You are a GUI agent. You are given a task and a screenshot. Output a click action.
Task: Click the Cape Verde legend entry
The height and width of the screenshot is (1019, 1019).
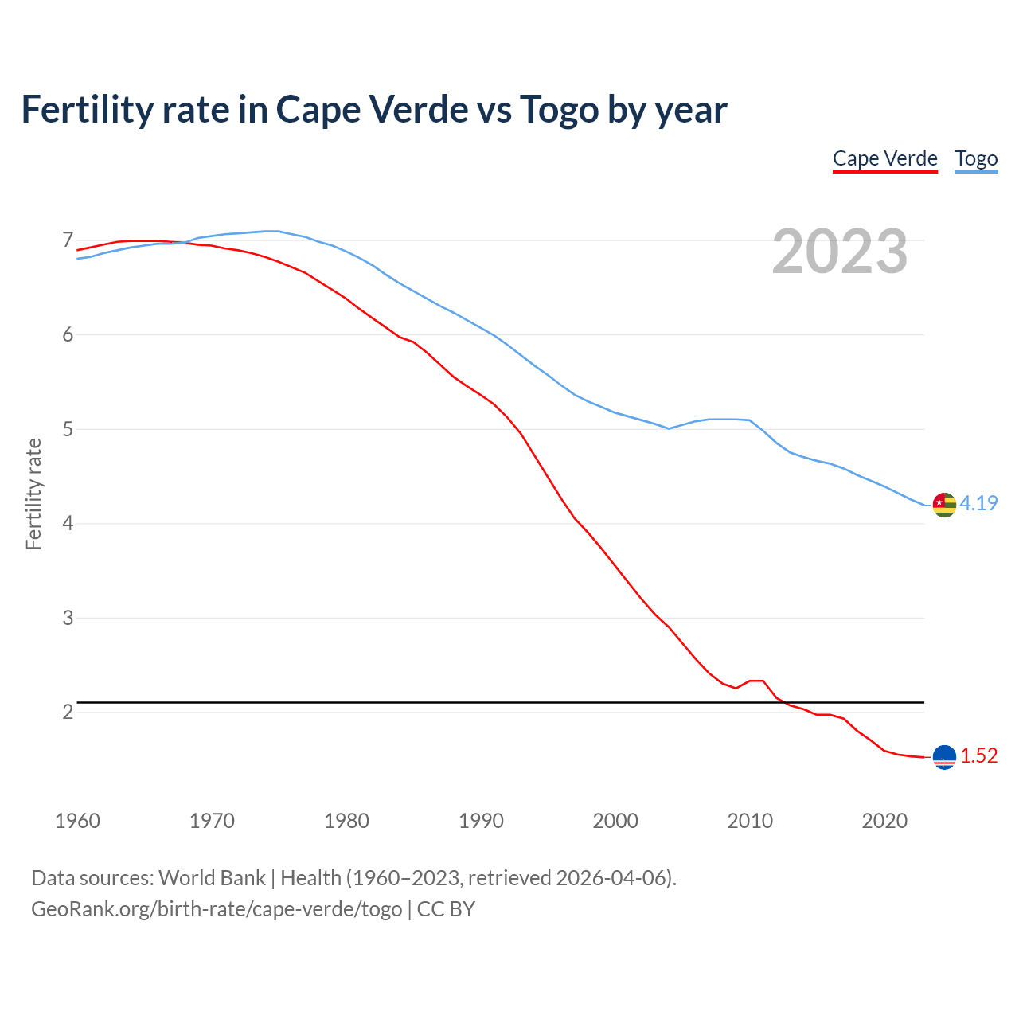884,158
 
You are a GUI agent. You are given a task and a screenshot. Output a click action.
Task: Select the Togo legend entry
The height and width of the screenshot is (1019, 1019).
976,158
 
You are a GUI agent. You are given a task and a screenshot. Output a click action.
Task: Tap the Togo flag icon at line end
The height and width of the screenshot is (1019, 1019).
944,505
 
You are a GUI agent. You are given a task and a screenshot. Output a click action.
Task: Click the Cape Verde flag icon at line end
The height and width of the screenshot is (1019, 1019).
944,757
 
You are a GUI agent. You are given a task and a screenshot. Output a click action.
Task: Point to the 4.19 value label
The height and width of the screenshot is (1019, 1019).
978,503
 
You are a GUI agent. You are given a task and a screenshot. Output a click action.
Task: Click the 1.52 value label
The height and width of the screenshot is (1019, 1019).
978,755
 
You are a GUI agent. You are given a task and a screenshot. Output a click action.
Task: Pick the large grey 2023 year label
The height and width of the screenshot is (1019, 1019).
840,252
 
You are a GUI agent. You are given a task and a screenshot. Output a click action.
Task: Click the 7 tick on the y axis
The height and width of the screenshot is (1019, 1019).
68,240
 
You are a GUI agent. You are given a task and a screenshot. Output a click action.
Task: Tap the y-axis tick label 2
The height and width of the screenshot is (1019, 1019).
68,712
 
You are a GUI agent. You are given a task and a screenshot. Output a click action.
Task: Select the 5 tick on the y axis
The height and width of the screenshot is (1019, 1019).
68,429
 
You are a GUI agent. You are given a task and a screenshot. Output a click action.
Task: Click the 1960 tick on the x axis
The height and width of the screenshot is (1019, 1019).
77,821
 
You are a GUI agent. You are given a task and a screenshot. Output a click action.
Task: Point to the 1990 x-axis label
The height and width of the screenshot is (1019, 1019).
481,821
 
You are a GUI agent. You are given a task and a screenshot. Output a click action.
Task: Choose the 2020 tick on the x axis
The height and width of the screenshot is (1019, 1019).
884,821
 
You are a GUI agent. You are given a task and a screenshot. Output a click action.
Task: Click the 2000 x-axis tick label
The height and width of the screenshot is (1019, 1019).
615,821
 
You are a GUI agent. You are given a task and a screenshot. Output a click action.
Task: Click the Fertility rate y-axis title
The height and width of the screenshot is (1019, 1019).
33,494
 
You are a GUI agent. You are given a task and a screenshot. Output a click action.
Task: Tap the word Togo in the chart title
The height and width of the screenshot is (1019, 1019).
559,109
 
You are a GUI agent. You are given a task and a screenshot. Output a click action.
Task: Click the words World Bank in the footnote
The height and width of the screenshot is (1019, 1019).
212,878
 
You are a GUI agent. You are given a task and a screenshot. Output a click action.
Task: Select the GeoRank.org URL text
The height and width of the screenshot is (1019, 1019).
217,909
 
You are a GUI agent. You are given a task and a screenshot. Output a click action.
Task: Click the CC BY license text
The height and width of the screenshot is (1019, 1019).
446,909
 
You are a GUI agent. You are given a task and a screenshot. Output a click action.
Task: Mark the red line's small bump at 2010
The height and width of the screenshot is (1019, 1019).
756,681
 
